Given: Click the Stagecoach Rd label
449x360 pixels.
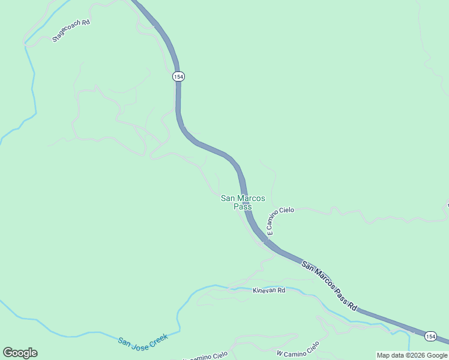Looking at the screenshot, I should coord(71,31).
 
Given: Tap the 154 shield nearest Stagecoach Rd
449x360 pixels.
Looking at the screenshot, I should coord(178,77).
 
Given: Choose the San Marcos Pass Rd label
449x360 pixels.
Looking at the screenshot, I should coord(329,286).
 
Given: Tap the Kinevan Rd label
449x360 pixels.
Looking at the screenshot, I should coord(268,290).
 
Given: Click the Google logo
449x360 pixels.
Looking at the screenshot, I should coord(20,353).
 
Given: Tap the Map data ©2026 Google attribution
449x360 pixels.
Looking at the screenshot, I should coord(412,355).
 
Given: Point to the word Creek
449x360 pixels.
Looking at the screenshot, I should coord(158,336).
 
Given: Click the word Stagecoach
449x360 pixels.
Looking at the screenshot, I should coord(67,32).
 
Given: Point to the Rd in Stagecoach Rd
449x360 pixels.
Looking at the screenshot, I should coord(86,22).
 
